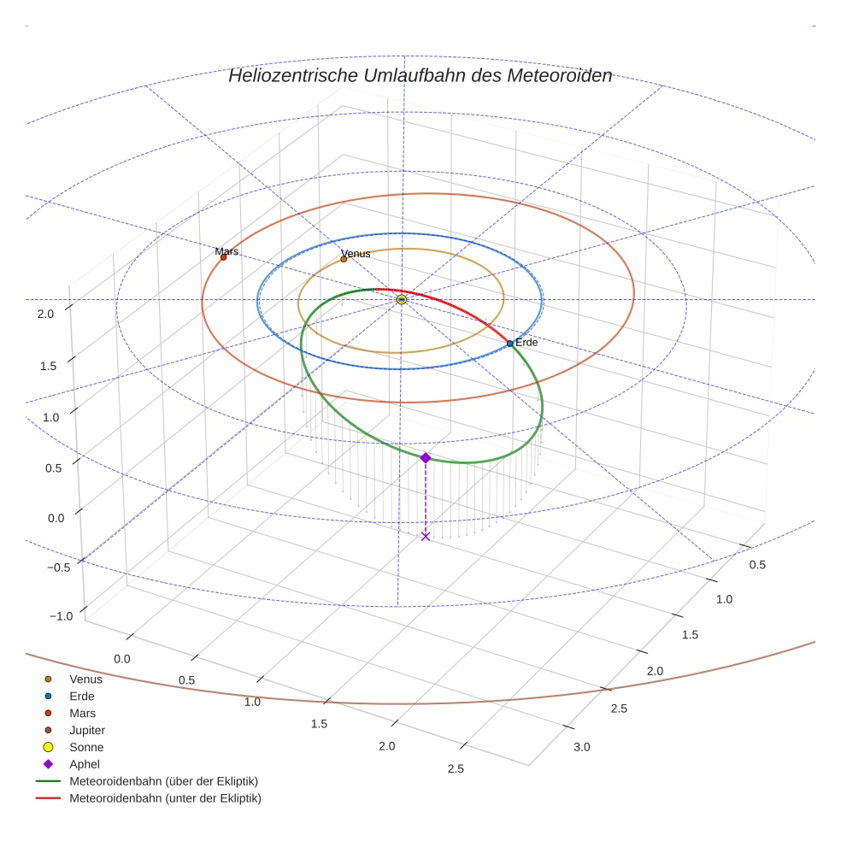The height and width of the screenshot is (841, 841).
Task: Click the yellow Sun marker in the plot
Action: [402, 299]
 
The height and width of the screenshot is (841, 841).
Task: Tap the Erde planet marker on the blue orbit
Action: [510, 344]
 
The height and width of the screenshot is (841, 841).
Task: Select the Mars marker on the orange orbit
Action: [224, 256]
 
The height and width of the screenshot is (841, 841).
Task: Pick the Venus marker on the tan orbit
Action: [344, 259]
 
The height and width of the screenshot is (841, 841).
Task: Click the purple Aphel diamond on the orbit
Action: [426, 458]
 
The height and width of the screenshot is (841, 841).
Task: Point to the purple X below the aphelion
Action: [426, 536]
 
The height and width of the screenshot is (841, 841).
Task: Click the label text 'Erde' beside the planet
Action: [526, 342]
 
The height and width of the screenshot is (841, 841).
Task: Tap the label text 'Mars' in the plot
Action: [226, 251]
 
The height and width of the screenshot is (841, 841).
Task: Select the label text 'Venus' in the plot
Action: [356, 254]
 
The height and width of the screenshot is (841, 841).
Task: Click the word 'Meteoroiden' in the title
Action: [560, 75]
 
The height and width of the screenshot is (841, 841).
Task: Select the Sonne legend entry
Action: [86, 747]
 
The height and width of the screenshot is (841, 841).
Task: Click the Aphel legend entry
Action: [85, 764]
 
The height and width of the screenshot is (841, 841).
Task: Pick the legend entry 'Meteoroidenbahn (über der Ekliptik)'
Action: [163, 781]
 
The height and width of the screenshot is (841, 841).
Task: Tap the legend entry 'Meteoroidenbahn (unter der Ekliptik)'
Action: [165, 798]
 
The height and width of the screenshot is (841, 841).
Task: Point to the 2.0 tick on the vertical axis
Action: [45, 314]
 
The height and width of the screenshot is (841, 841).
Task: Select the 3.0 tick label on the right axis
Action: [581, 747]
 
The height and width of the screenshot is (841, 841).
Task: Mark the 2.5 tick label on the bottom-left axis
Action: [456, 768]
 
